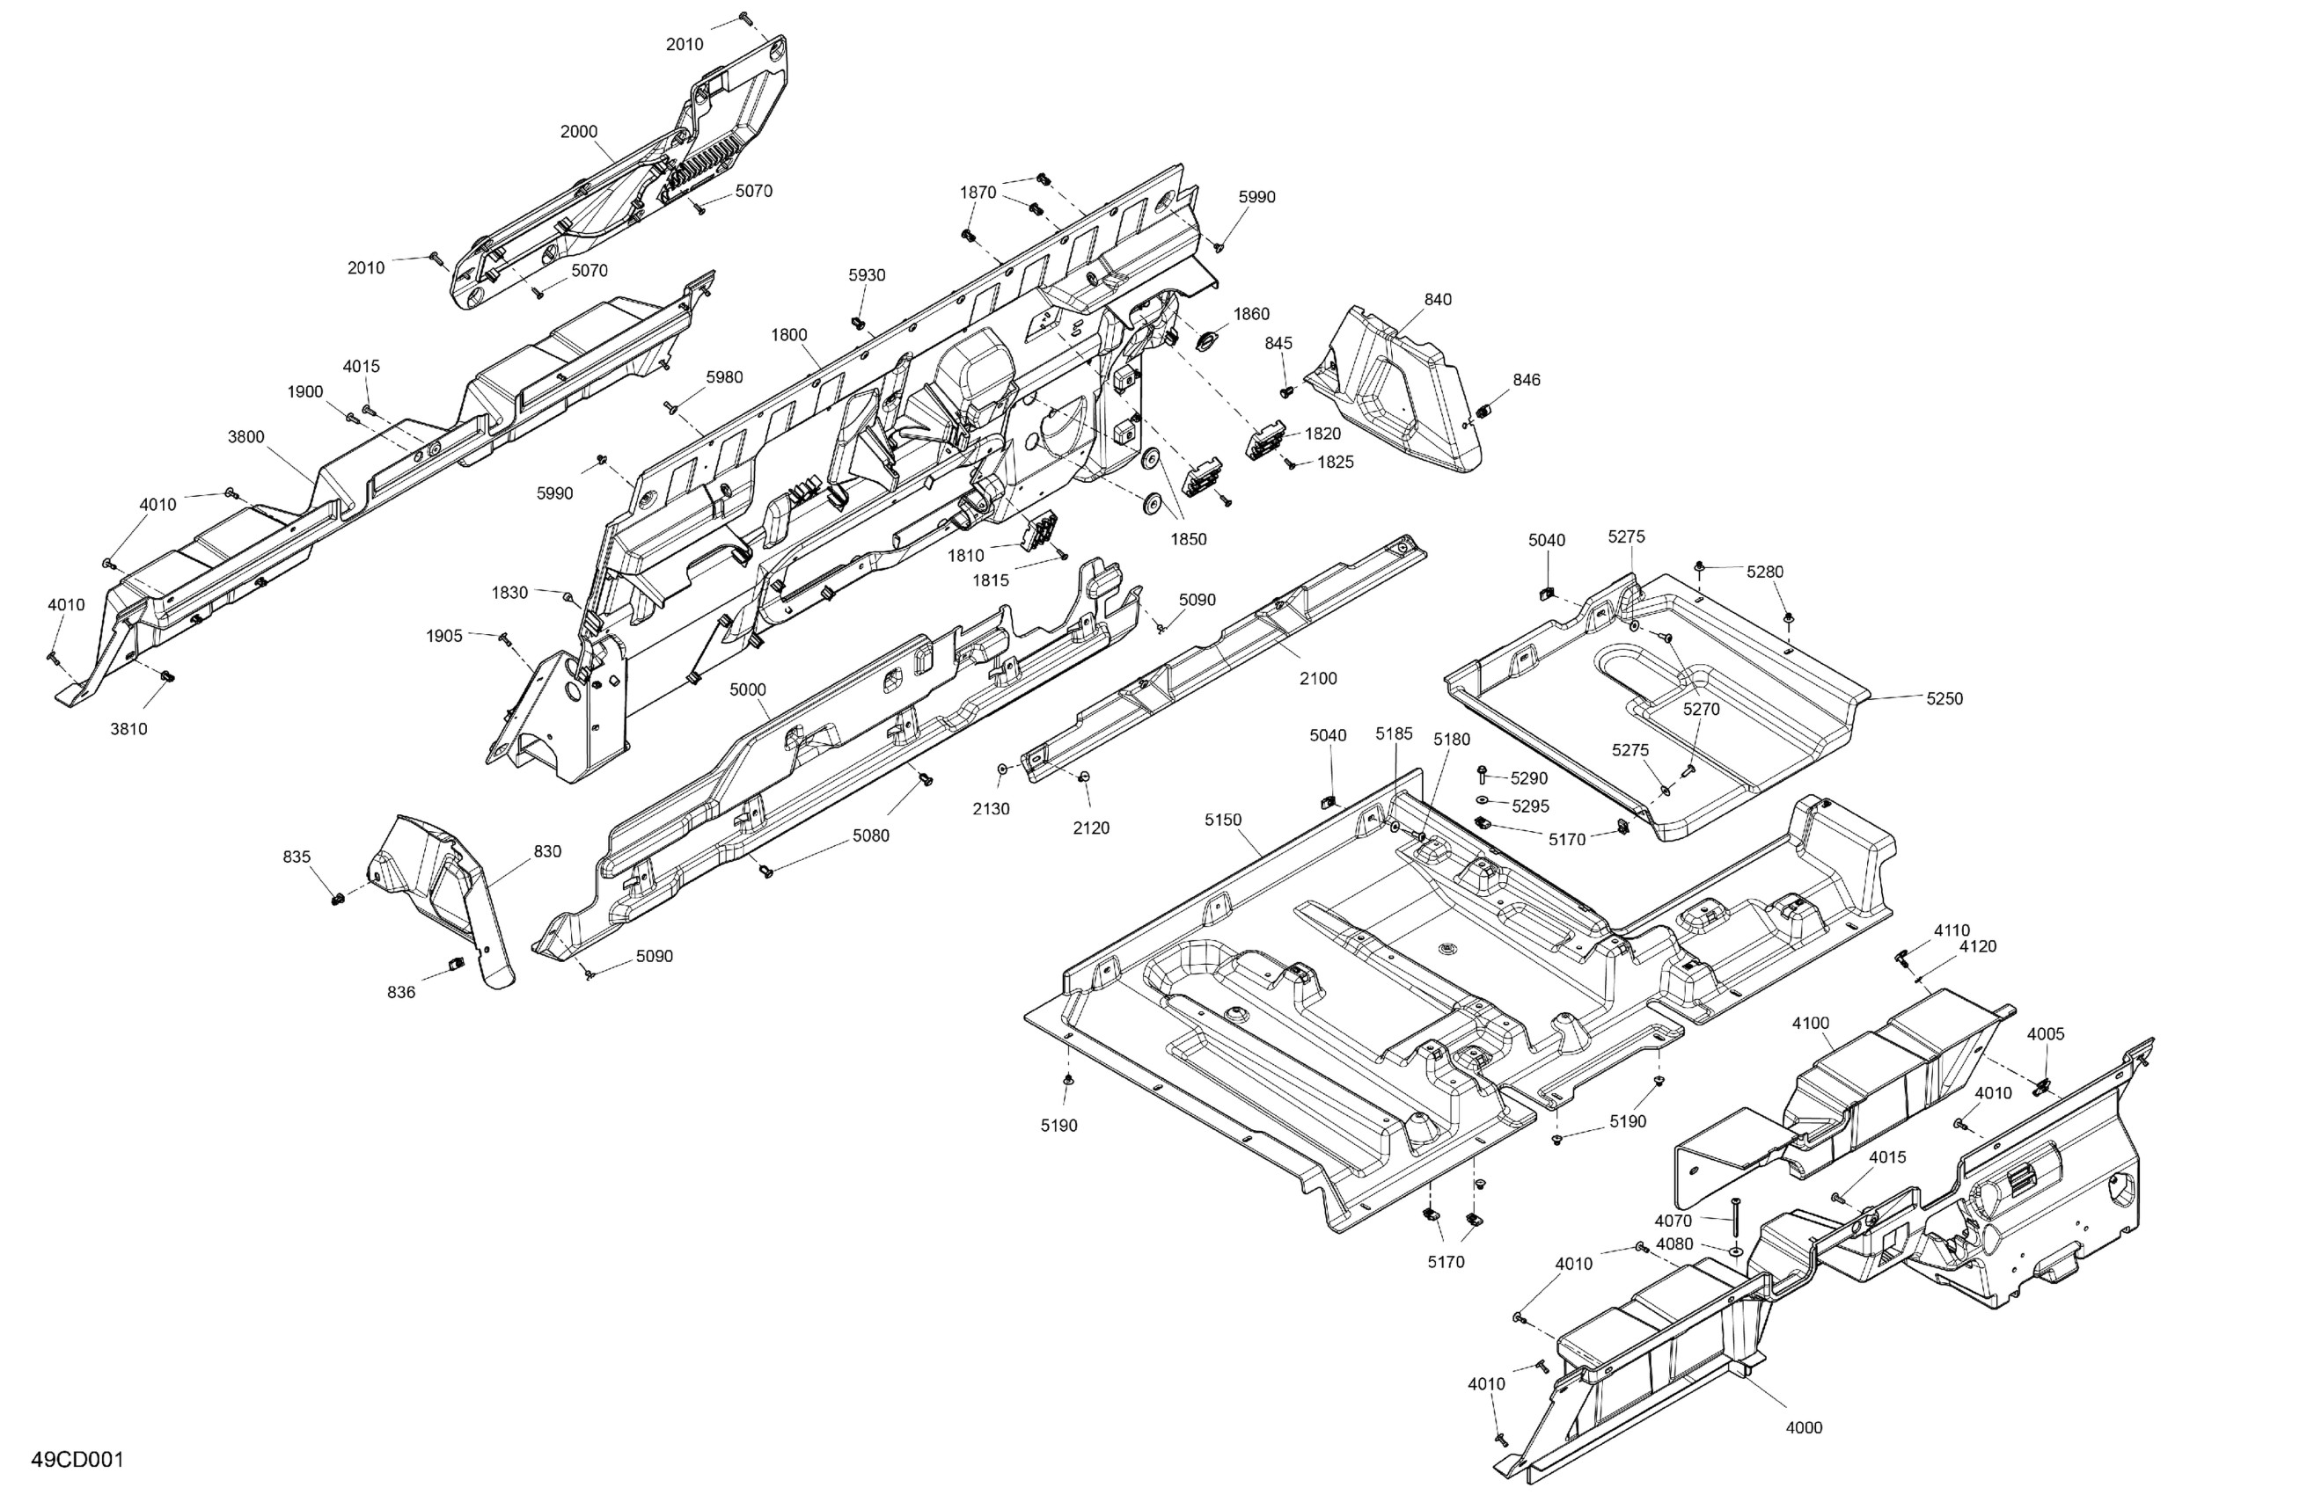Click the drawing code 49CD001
click(77, 1459)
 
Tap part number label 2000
click(579, 132)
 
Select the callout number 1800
click(789, 335)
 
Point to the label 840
click(1438, 299)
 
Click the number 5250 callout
click(1944, 698)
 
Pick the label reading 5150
click(1222, 820)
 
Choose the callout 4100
click(1811, 1023)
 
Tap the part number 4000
click(1804, 1427)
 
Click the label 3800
click(246, 437)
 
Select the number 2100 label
click(1318, 679)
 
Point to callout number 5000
click(747, 689)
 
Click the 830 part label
click(547, 851)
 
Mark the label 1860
click(1251, 314)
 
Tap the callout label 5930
click(867, 275)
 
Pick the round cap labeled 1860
click(1208, 341)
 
